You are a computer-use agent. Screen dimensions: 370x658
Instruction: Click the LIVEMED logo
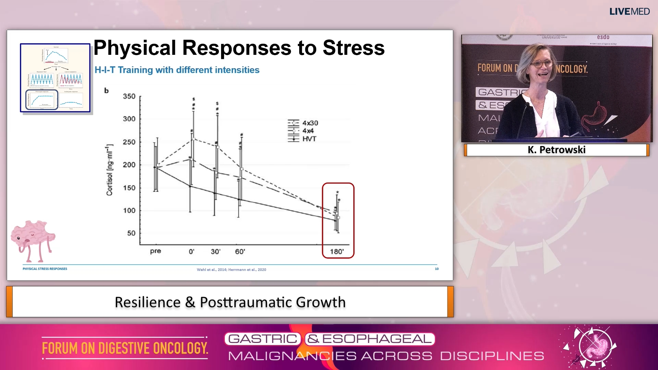(x=629, y=12)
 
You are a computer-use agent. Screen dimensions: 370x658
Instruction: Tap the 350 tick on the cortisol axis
(x=129, y=97)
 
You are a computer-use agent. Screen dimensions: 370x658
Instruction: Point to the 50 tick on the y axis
(x=131, y=233)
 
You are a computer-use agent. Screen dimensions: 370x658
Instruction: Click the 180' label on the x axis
(x=337, y=252)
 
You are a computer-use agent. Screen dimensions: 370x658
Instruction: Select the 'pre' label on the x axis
(x=155, y=251)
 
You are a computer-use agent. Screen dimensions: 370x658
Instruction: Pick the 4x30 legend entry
(x=310, y=123)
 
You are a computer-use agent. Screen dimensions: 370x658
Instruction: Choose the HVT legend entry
(x=309, y=139)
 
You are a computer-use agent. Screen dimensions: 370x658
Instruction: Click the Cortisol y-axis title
(x=109, y=170)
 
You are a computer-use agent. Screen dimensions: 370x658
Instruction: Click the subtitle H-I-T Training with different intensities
(x=177, y=70)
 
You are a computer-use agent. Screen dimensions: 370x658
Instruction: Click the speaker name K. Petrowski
(x=557, y=150)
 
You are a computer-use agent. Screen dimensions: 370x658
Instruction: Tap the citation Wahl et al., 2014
(x=211, y=270)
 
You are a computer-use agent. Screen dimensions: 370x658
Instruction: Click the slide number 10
(x=437, y=269)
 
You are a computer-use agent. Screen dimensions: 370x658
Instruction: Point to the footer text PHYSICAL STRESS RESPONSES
(x=45, y=269)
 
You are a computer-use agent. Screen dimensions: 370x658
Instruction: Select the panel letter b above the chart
(x=106, y=91)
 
